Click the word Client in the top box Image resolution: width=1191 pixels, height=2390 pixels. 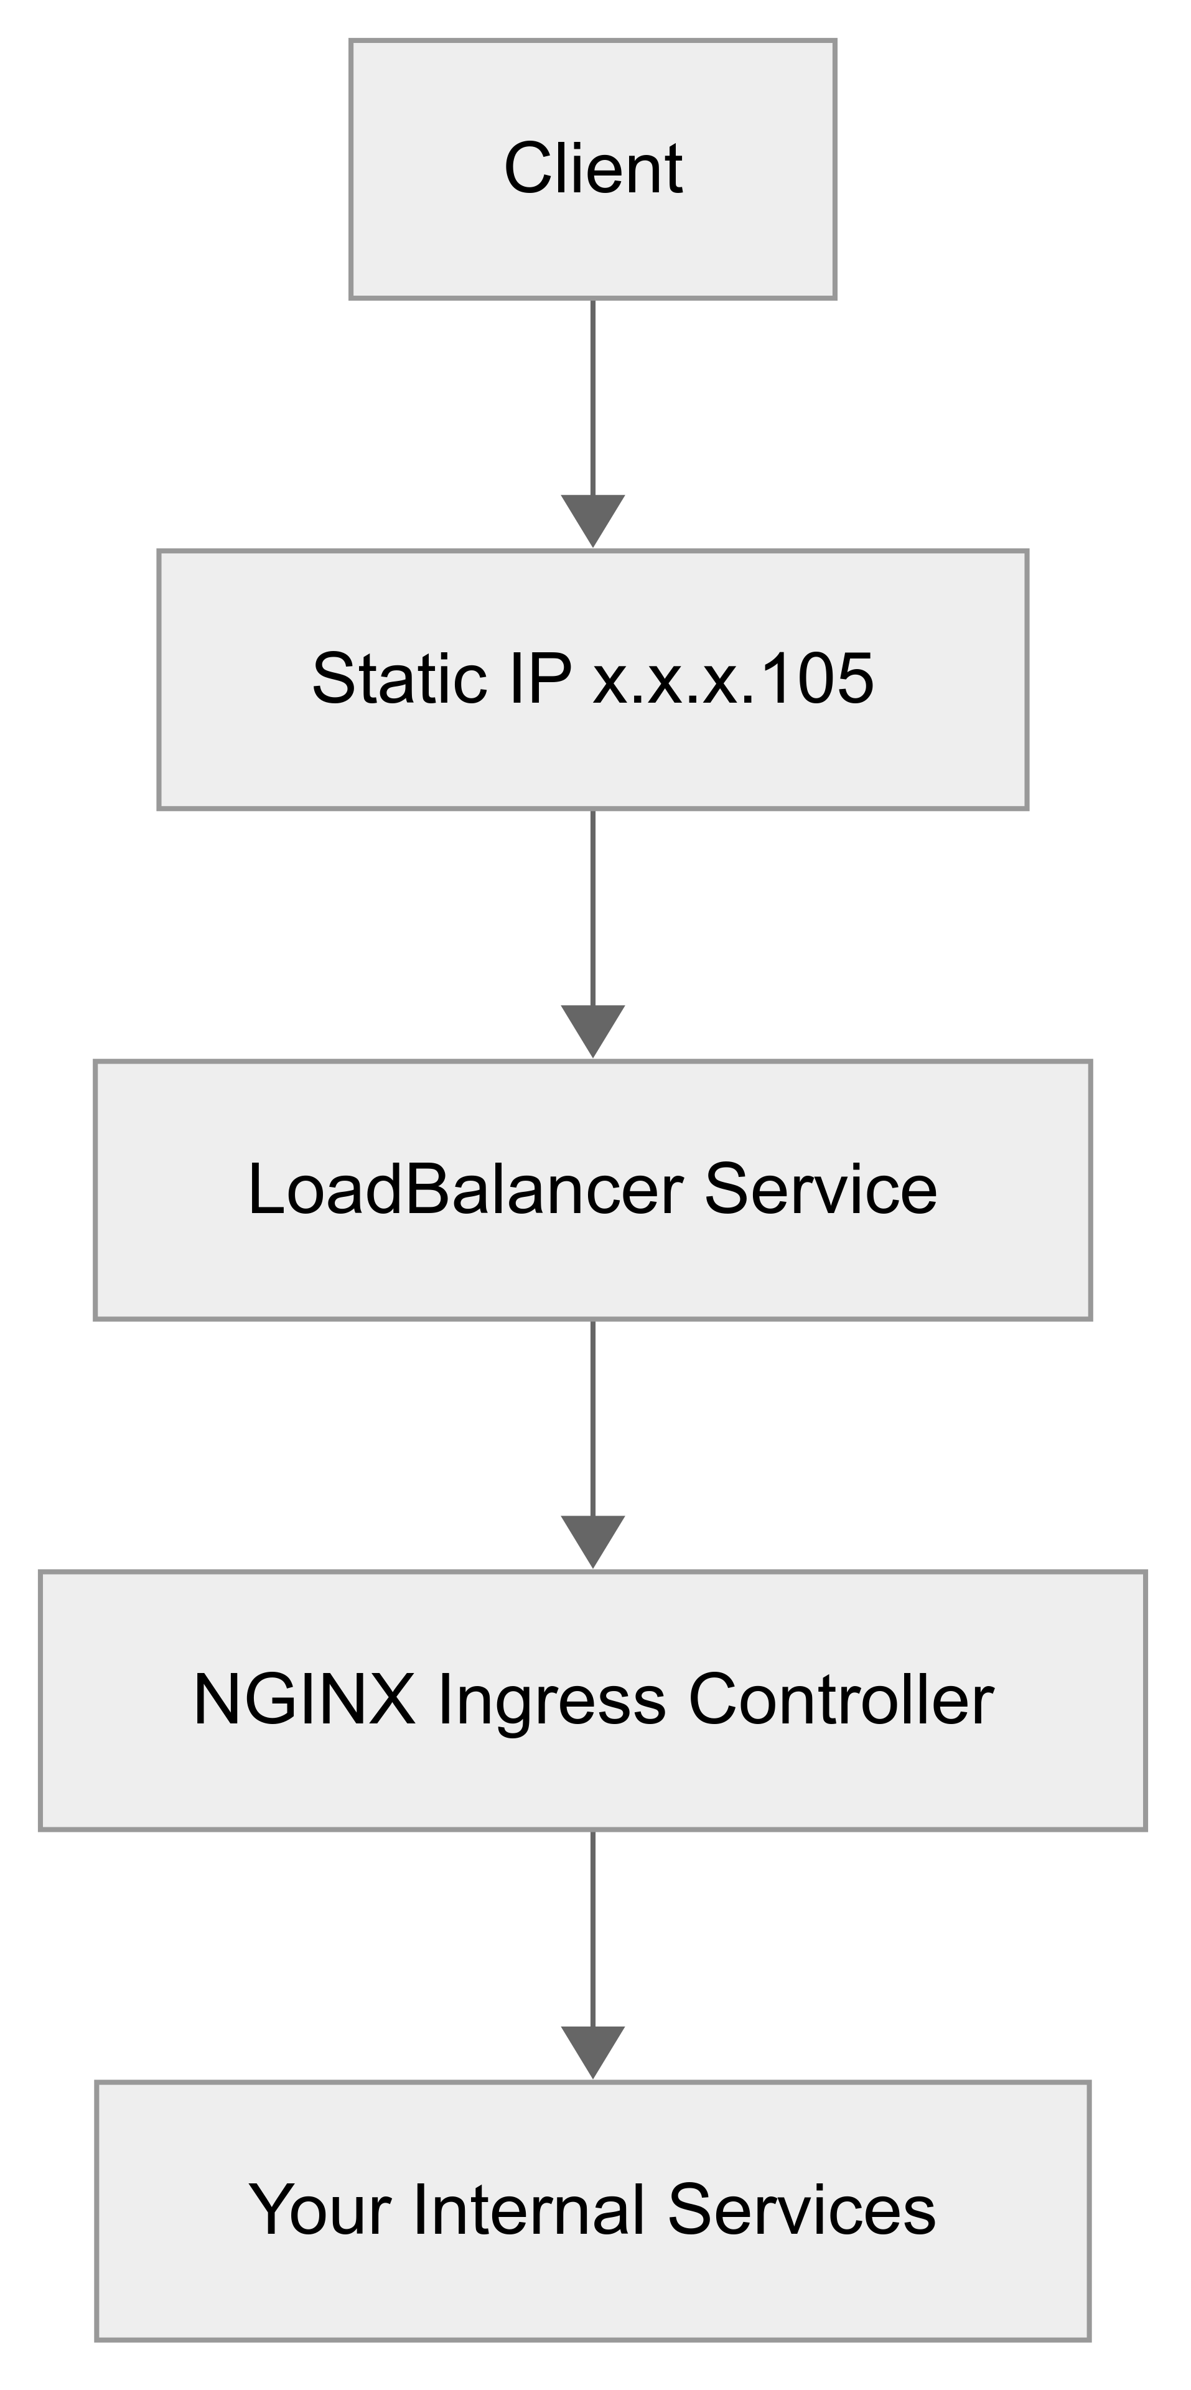click(x=593, y=169)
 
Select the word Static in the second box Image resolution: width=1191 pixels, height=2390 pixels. click(x=399, y=679)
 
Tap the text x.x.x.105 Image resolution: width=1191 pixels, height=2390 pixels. click(x=733, y=679)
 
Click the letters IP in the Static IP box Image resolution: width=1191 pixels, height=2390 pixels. click(x=539, y=679)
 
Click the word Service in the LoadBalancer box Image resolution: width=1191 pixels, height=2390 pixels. click(x=820, y=1189)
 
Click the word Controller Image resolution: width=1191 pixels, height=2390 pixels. click(x=841, y=1700)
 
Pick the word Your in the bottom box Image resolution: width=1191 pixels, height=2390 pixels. click(x=319, y=2211)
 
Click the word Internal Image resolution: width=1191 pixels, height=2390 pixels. click(x=529, y=2211)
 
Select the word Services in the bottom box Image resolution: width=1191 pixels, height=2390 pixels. click(x=801, y=2211)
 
